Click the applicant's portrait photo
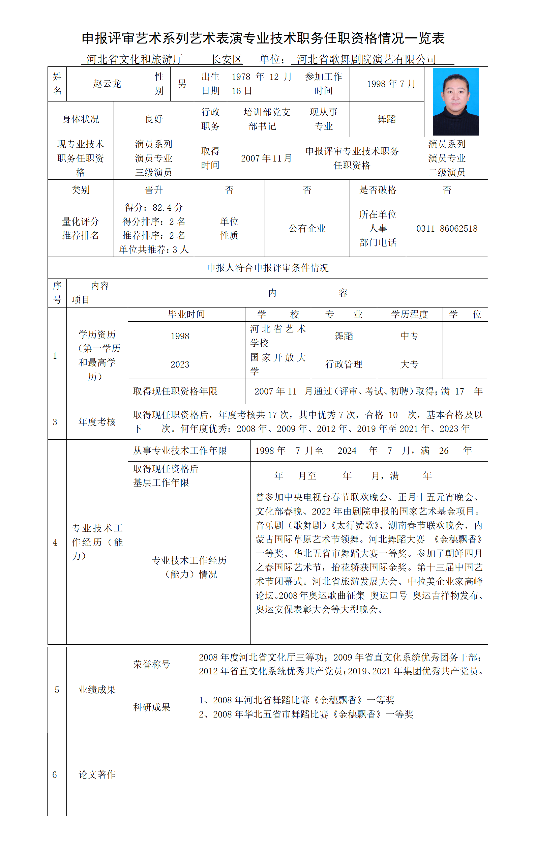(x=455, y=101)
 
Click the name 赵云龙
(x=107, y=84)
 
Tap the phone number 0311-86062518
(x=447, y=229)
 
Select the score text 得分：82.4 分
(x=154, y=207)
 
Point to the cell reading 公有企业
(x=307, y=229)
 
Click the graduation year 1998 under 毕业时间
(x=180, y=336)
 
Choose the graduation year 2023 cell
(x=180, y=364)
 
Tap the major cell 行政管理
(x=344, y=364)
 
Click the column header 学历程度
(x=409, y=314)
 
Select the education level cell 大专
(x=409, y=364)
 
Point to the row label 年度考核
(x=97, y=421)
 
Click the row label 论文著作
(x=97, y=774)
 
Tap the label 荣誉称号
(x=152, y=664)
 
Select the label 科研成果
(x=152, y=707)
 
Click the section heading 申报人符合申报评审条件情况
(x=268, y=268)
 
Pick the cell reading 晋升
(x=154, y=190)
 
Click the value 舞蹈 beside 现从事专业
(x=387, y=119)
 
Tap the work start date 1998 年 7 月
(x=391, y=84)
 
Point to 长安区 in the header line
(x=226, y=59)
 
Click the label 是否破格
(x=378, y=190)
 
